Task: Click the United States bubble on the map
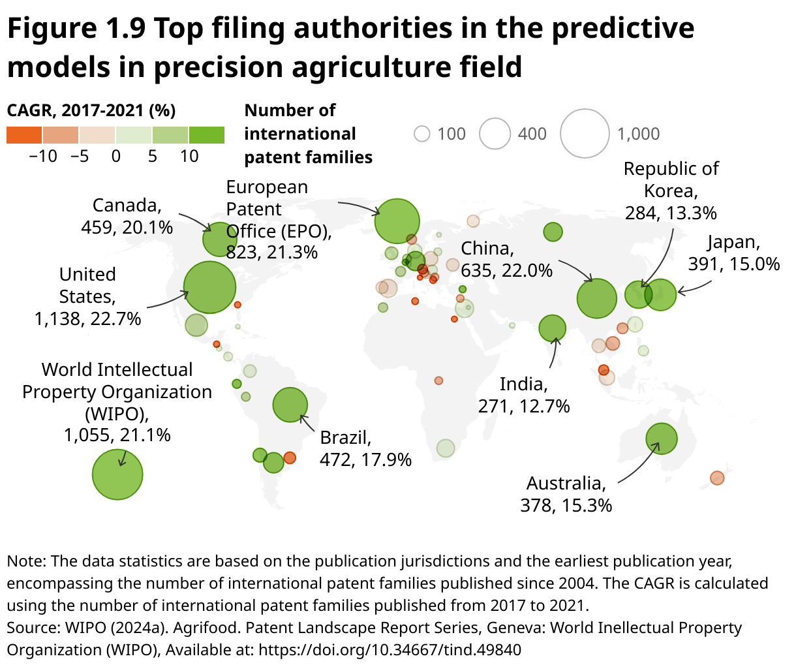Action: tap(209, 287)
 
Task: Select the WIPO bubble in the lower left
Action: tap(117, 474)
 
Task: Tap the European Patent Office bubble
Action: tap(397, 221)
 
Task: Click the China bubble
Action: tap(596, 298)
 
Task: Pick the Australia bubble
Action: tap(662, 439)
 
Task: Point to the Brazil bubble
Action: tap(290, 405)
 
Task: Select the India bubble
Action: tap(553, 328)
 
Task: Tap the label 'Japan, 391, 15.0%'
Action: tap(733, 253)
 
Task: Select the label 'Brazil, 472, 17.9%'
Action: tap(365, 448)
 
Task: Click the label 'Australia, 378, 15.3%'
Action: tap(566, 494)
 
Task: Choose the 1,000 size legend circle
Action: tap(585, 134)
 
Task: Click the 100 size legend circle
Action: tap(422, 134)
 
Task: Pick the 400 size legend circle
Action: tap(495, 134)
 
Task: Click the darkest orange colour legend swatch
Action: tap(24, 135)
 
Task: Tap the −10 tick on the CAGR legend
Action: tap(43, 157)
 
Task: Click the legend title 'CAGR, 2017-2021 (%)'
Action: tap(91, 110)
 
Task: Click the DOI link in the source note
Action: tap(390, 650)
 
